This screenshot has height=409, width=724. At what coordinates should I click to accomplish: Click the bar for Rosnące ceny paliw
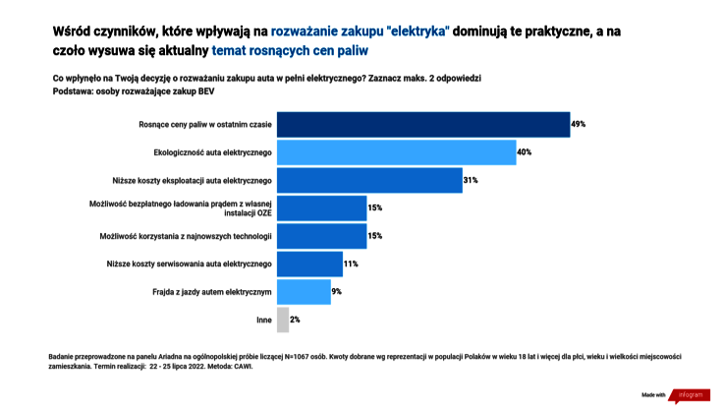click(x=422, y=124)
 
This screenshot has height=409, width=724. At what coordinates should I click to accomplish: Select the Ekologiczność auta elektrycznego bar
click(x=396, y=152)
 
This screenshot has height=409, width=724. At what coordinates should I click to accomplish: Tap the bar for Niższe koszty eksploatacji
click(x=369, y=180)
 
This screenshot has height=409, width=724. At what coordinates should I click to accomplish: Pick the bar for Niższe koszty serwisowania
click(x=309, y=263)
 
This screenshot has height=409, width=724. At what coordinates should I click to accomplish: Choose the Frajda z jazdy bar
click(x=304, y=292)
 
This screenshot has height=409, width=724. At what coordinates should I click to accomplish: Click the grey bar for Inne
click(x=283, y=320)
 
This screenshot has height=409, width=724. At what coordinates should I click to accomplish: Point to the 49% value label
click(x=579, y=125)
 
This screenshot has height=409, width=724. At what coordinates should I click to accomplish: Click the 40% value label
click(x=525, y=152)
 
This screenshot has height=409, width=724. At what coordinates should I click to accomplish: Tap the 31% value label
click(x=471, y=180)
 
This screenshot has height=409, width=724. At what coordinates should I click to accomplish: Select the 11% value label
click(x=351, y=264)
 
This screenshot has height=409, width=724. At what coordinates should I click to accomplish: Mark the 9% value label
click(x=337, y=292)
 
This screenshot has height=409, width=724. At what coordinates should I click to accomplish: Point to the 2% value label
click(x=295, y=320)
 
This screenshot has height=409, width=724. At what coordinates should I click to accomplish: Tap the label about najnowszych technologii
click(x=185, y=236)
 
